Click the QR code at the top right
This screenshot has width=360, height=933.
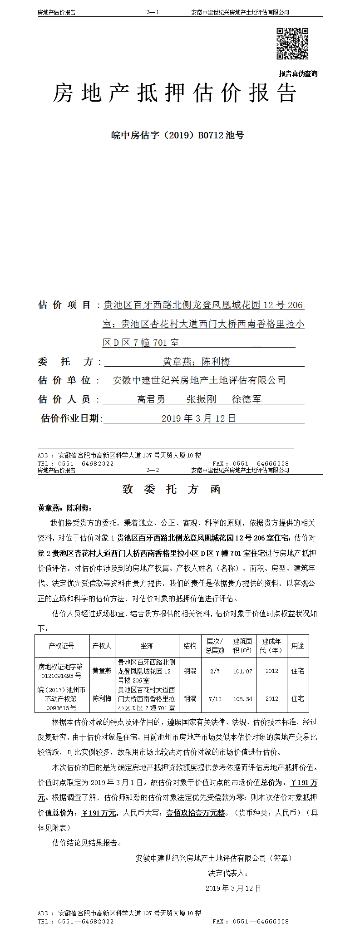(x=292, y=44)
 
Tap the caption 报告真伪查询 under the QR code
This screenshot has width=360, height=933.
(x=298, y=74)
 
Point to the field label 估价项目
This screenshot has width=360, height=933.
(x=64, y=305)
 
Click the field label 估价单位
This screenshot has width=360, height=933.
(x=64, y=380)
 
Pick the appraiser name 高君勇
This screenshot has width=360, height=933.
(x=151, y=399)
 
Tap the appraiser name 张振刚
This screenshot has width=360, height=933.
(x=201, y=399)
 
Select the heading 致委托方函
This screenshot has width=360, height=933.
(x=172, y=489)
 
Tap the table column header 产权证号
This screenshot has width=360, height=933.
(x=62, y=646)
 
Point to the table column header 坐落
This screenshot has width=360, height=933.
(x=147, y=646)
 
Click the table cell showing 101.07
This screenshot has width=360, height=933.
(x=242, y=671)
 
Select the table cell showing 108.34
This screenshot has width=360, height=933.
(x=242, y=699)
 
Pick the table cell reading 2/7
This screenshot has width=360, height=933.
(x=215, y=671)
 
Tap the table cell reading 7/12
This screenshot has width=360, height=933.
(x=215, y=699)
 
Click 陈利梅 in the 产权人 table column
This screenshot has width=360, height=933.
(x=102, y=699)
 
